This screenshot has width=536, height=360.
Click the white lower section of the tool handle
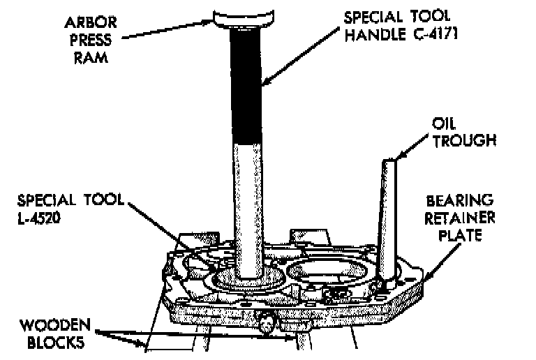click(248, 202)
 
